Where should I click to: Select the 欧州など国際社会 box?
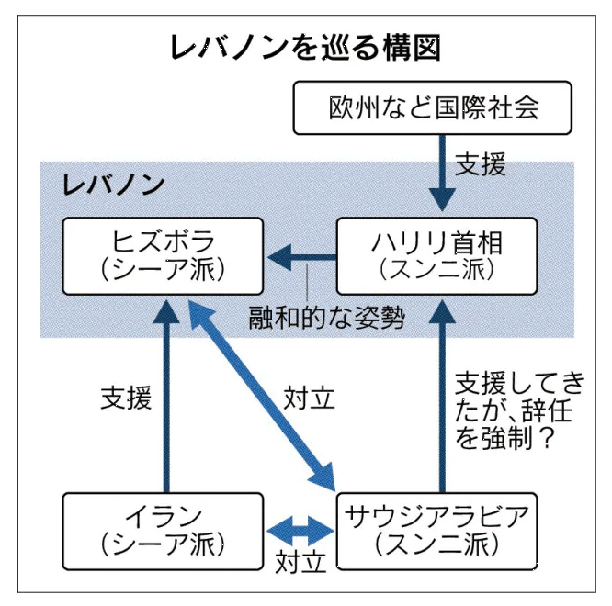pyautogui.click(x=433, y=107)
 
